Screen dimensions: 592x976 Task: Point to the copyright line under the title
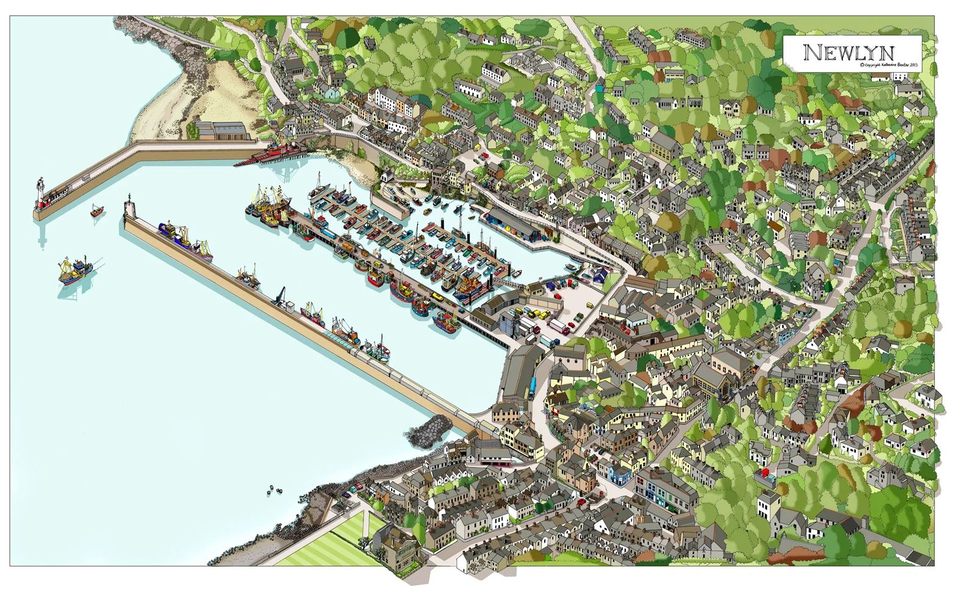coord(888,65)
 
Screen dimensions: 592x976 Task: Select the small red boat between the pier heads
coord(97,211)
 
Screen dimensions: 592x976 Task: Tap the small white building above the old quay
coord(386,176)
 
